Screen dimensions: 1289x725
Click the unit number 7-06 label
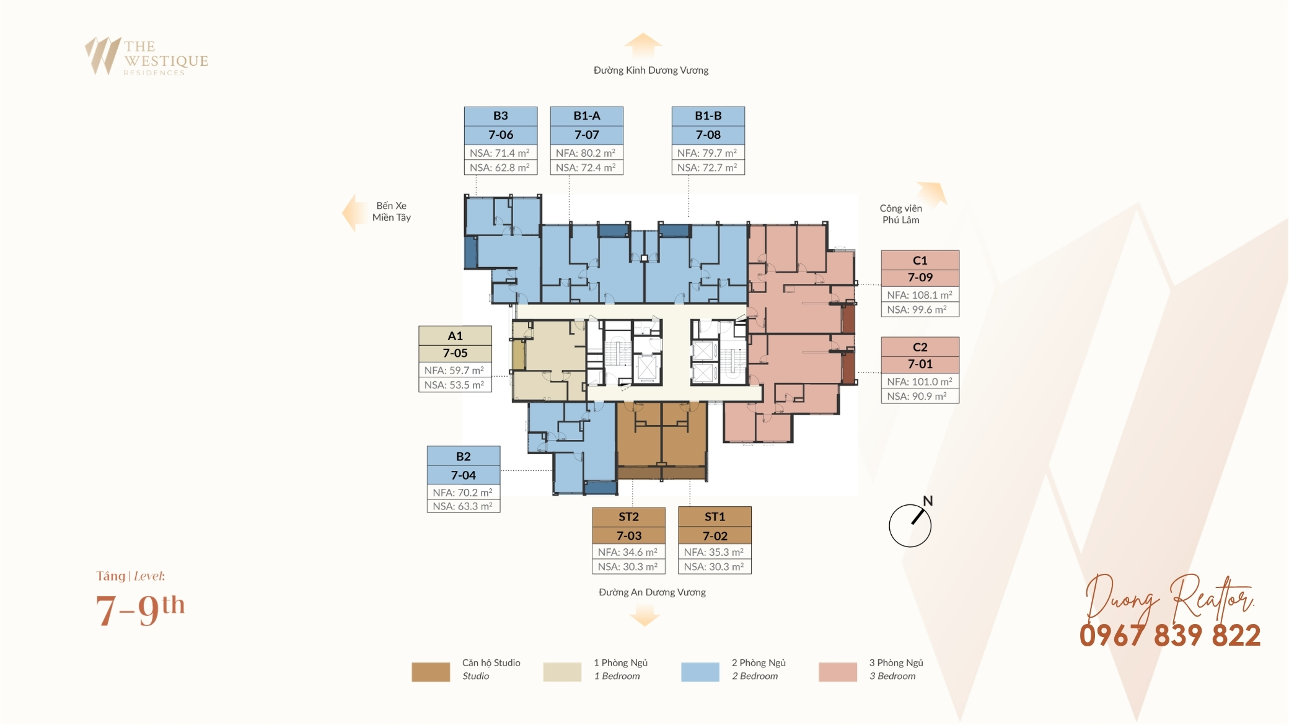click(x=501, y=134)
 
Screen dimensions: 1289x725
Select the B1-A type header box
click(x=587, y=116)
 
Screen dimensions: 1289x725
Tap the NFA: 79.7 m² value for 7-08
click(x=708, y=153)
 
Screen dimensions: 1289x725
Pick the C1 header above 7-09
click(x=920, y=260)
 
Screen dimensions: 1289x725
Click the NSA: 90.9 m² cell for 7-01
click(x=920, y=397)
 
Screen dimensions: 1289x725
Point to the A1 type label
click(x=455, y=336)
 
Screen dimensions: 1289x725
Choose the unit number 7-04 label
click(x=464, y=475)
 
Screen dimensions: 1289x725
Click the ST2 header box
click(x=629, y=517)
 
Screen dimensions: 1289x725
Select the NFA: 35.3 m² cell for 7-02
click(x=715, y=552)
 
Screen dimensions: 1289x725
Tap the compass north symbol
click(x=910, y=524)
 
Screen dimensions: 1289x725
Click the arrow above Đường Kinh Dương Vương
click(x=643, y=45)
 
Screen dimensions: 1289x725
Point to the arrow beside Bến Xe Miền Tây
click(x=355, y=213)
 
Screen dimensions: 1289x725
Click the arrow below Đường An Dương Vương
click(x=644, y=615)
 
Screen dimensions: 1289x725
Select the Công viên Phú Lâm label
click(x=901, y=214)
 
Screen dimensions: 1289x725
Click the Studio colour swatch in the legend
click(x=431, y=672)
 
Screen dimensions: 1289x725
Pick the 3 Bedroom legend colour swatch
click(x=838, y=672)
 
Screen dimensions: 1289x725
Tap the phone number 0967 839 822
click(x=1170, y=636)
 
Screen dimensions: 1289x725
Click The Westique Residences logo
click(x=147, y=56)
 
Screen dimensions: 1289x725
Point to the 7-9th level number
click(x=141, y=610)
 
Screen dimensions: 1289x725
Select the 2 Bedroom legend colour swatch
click(x=700, y=672)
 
